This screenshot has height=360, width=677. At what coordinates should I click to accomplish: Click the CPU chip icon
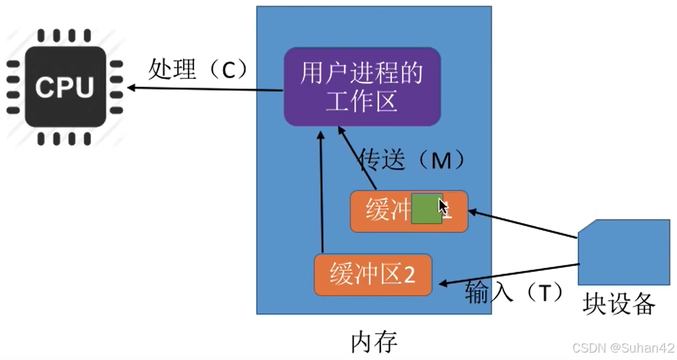click(66, 86)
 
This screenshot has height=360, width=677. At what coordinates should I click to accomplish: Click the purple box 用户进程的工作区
click(362, 86)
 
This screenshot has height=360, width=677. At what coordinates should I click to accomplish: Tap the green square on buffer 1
click(426, 208)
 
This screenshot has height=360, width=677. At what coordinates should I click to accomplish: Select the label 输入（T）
click(514, 292)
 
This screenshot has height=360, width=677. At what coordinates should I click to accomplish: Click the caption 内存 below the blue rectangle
click(374, 342)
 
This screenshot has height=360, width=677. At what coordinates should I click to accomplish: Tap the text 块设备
click(619, 305)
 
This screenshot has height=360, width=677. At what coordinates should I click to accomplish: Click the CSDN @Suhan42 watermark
click(623, 348)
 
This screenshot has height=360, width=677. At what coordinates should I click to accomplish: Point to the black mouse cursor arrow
click(443, 207)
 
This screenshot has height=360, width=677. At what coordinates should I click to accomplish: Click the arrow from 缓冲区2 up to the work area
click(322, 196)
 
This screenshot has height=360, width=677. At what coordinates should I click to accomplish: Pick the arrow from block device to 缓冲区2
click(507, 273)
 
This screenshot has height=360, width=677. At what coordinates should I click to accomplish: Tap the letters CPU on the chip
click(66, 87)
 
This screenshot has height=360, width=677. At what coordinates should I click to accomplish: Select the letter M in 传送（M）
click(441, 160)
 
